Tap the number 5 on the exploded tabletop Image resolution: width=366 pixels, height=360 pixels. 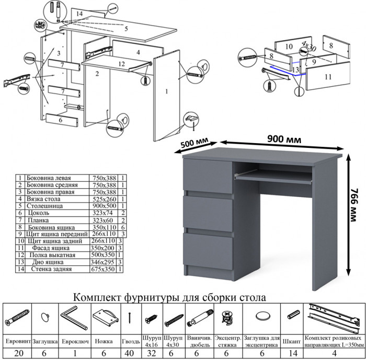(125, 29)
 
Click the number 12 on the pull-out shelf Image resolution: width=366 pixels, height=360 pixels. (121, 64)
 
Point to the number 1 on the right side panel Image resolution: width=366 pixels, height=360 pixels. (166, 92)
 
